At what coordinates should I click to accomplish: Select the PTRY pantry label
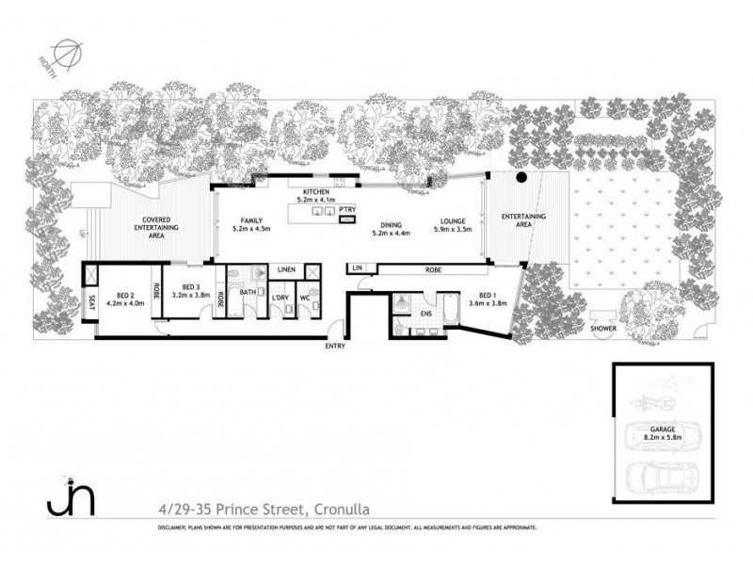click(348, 211)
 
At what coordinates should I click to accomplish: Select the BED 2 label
click(115, 294)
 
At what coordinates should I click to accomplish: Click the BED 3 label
click(191, 286)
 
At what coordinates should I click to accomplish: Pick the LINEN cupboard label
click(286, 270)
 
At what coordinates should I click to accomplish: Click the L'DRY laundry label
click(280, 299)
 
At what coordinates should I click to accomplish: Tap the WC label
click(305, 299)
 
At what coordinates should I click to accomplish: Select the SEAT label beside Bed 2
click(91, 303)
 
